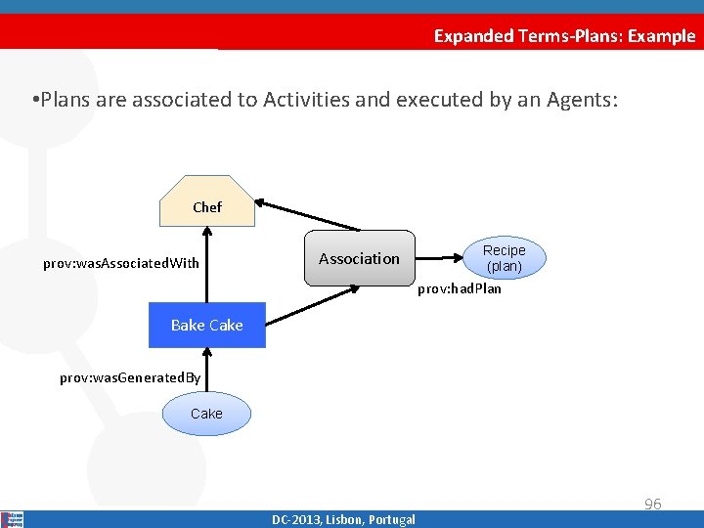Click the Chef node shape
tap(206, 202)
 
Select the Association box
tap(359, 258)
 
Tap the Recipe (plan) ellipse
tap(505, 258)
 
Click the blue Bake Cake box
tap(206, 326)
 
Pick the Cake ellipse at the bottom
tap(206, 414)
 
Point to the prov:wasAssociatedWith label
tap(121, 263)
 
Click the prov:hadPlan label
tap(460, 288)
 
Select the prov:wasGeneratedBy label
tap(130, 377)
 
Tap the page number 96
tap(652, 505)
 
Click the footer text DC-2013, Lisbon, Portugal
tap(343, 519)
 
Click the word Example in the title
tap(662, 36)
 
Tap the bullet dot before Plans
tap(34, 100)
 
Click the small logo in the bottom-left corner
tap(13, 519)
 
